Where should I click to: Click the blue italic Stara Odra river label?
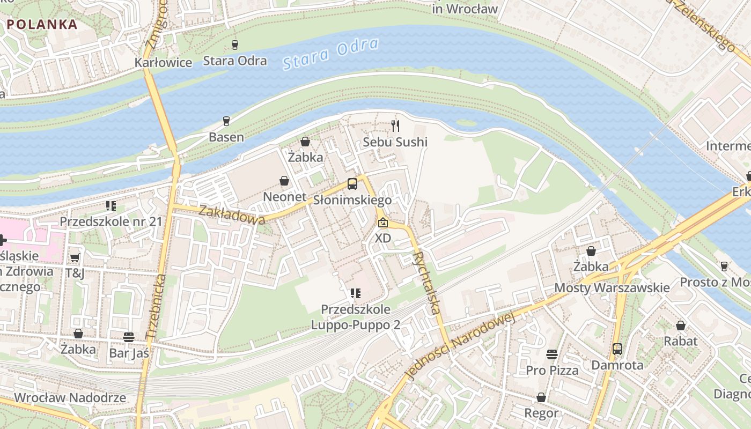tap(330, 54)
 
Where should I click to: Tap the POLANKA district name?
tap(42, 24)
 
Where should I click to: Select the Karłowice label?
tap(163, 63)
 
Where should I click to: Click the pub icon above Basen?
tap(226, 121)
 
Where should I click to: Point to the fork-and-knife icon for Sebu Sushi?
tap(395, 126)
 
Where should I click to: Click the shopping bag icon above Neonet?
tap(284, 181)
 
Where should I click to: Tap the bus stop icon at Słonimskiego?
tap(352, 184)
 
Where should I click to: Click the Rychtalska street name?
tap(428, 283)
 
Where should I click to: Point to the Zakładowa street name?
tap(232, 214)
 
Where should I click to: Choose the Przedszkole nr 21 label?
tap(111, 221)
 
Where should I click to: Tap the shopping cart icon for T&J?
tap(75, 257)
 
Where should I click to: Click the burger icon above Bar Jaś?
tap(129, 337)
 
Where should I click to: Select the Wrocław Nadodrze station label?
tap(70, 398)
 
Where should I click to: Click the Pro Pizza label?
tap(552, 371)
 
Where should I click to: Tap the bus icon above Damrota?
tap(617, 349)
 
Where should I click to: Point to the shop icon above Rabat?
tap(681, 326)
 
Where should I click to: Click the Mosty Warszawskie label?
tap(612, 288)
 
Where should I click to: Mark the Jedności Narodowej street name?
tap(461, 346)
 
